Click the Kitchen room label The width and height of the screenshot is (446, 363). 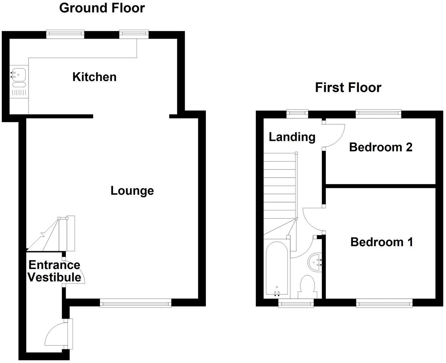tap(94, 77)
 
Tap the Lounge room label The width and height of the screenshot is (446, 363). tap(132, 190)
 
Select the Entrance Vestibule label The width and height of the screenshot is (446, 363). tap(54, 271)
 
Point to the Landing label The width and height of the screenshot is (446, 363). tap(292, 137)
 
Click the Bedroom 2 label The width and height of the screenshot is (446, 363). tap(381, 147)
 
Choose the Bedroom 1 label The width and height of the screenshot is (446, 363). tap(382, 242)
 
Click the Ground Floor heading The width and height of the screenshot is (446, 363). tap(102, 8)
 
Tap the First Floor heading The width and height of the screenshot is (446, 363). tap(348, 88)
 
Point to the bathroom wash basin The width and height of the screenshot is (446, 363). tap(314, 263)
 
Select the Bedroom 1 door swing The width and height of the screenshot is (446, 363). tap(312, 220)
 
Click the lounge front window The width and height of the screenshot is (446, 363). tap(135, 304)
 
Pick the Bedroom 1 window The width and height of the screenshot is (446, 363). tap(384, 304)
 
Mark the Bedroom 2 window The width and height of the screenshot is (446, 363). tap(378, 114)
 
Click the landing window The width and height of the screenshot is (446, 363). tap(298, 114)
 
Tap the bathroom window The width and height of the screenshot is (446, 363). tap(296, 304)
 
